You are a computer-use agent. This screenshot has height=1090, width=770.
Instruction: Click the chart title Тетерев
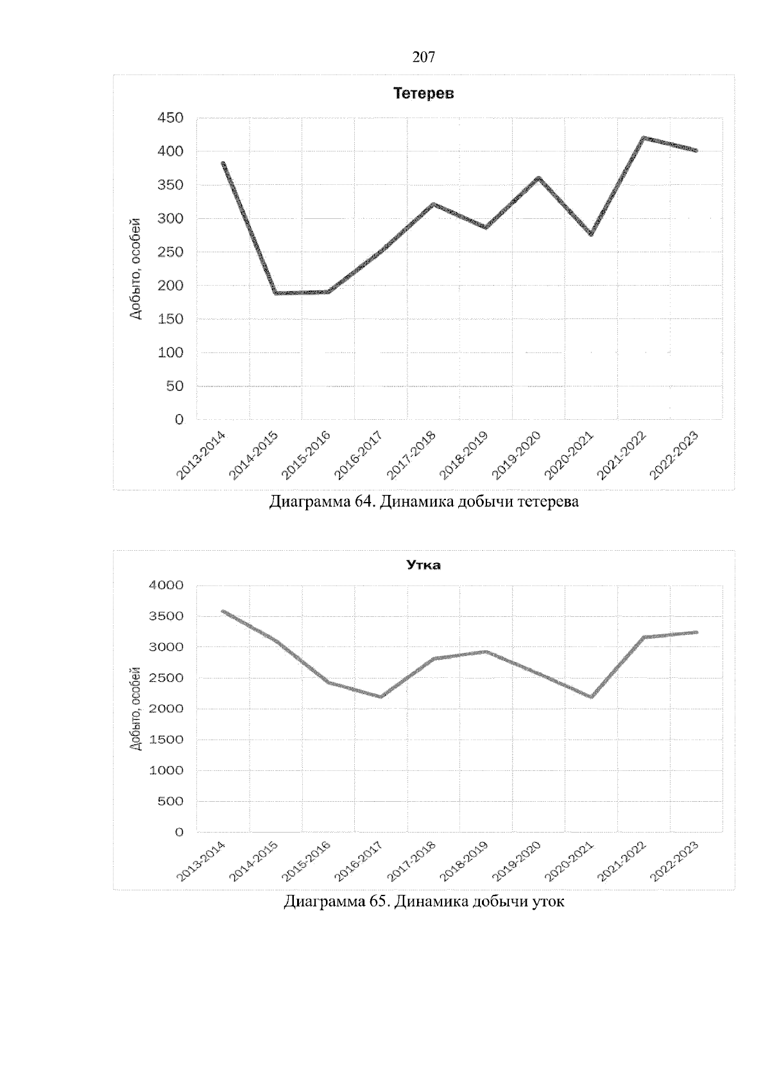(424, 94)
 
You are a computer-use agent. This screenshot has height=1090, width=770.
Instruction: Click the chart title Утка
(424, 566)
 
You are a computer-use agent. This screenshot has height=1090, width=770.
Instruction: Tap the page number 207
(424, 57)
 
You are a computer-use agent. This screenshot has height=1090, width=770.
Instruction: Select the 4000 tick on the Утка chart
(166, 585)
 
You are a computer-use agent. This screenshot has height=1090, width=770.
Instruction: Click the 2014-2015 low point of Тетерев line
(276, 293)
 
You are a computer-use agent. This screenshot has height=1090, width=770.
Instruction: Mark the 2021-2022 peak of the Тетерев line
(644, 138)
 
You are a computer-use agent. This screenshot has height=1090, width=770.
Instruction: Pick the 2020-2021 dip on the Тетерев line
(591, 234)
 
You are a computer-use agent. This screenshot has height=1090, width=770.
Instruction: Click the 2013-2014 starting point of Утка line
(223, 611)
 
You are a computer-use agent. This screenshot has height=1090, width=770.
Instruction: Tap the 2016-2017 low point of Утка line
(381, 696)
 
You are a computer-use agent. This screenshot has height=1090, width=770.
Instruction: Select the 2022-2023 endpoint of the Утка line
(696, 632)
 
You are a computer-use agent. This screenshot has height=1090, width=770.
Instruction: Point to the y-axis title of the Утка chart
(135, 709)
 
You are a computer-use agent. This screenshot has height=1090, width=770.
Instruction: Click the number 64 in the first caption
(363, 501)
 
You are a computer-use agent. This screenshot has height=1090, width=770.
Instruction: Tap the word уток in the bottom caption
(548, 902)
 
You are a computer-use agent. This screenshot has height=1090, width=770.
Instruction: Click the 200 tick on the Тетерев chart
(171, 286)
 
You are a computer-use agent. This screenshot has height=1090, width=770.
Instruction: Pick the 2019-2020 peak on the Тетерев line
(538, 178)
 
